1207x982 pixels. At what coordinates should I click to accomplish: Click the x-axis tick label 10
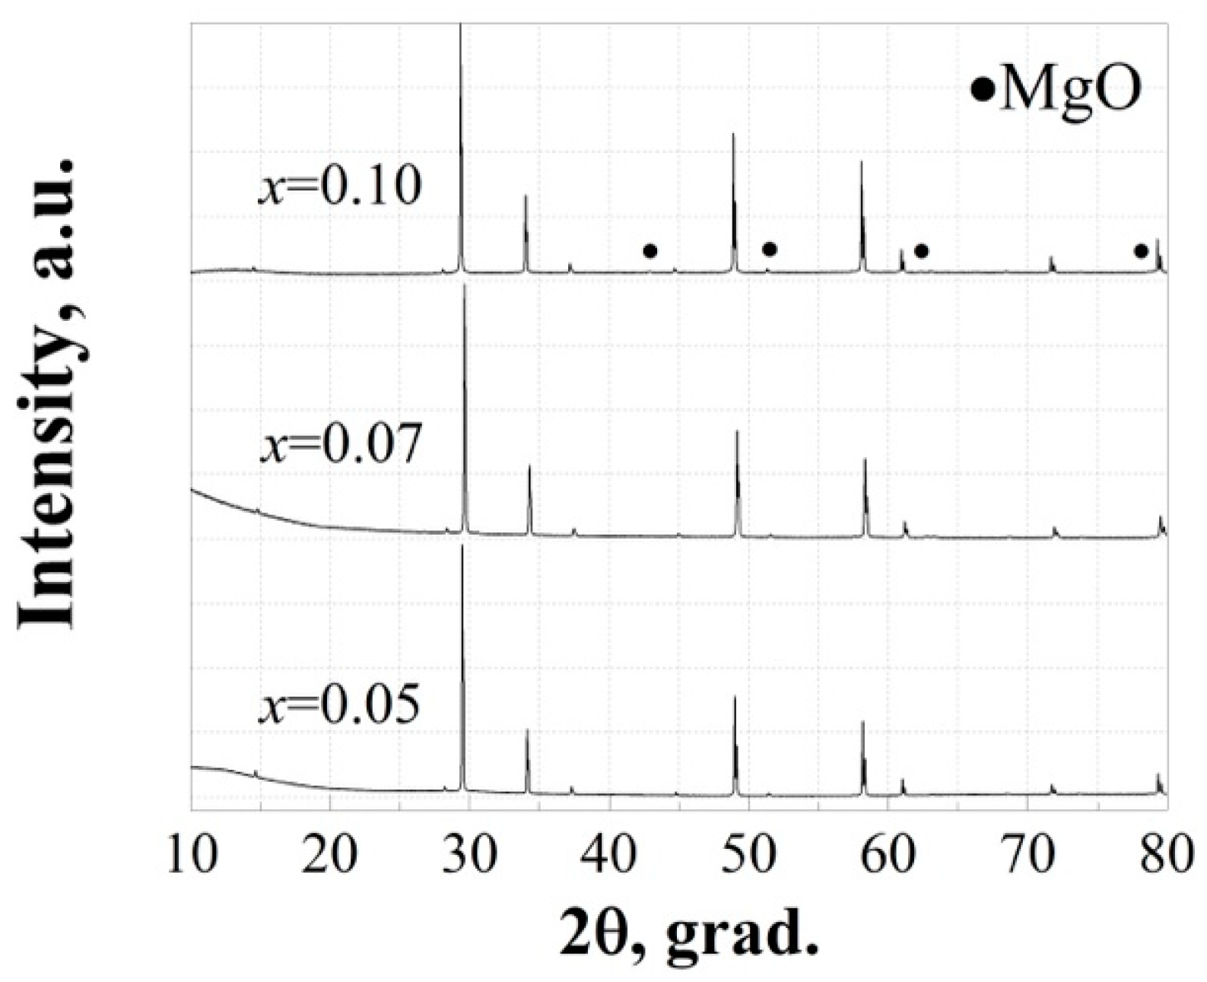click(192, 856)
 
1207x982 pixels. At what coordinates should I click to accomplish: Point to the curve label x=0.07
click(340, 445)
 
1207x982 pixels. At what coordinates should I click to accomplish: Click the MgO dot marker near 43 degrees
click(650, 251)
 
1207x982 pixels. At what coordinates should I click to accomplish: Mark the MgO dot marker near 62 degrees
click(921, 251)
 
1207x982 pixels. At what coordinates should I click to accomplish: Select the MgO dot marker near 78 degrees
click(1140, 251)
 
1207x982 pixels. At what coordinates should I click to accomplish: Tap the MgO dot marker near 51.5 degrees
click(769, 249)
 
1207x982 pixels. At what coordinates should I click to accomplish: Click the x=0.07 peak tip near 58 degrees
click(865, 459)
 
